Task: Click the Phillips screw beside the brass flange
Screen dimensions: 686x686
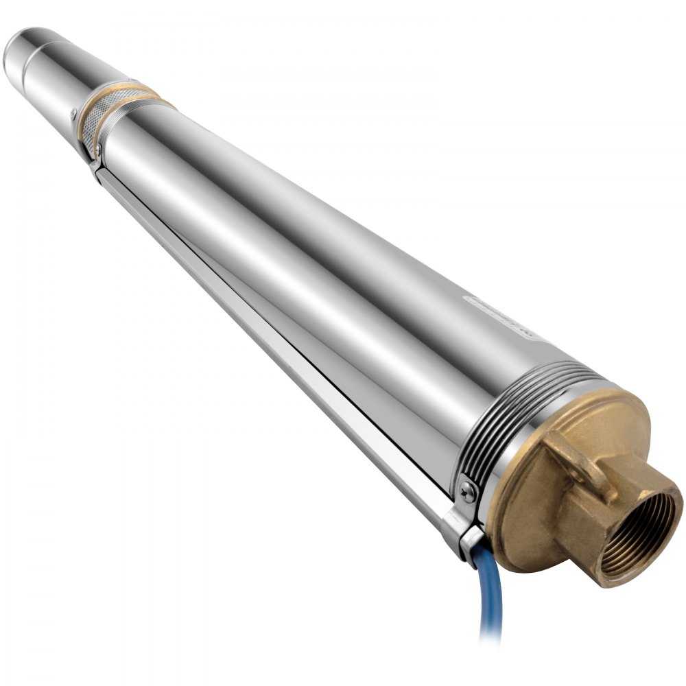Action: click(468, 490)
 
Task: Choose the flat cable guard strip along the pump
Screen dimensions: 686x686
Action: click(274, 343)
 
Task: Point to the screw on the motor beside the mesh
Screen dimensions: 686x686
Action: click(73, 110)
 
